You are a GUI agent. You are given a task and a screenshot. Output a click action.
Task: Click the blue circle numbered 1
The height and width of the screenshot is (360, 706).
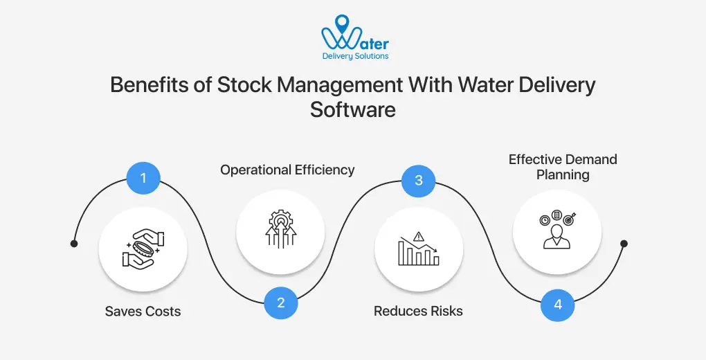[x=143, y=179]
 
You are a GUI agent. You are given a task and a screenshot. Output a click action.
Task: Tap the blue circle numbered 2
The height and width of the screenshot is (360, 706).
[x=281, y=302]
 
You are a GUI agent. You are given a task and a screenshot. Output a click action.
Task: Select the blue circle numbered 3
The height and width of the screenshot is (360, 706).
[x=419, y=181]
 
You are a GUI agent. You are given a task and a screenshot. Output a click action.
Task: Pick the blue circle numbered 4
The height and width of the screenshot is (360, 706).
[x=557, y=304]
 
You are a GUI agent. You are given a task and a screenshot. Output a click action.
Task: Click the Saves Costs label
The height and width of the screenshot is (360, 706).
[x=143, y=312]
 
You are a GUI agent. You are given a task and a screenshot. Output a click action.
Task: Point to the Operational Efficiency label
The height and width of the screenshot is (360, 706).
[x=287, y=170]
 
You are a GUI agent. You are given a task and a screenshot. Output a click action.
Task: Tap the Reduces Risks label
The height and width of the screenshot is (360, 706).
[x=418, y=312]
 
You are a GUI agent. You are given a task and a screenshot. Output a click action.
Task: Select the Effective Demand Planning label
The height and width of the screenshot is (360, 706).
[x=563, y=167]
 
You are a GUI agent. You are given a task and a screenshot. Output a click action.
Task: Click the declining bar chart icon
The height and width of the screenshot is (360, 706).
[x=418, y=250]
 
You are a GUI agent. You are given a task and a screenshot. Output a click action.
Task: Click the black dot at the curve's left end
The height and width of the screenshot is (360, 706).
[x=74, y=244]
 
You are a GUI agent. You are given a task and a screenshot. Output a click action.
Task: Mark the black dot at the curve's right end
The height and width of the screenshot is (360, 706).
[x=624, y=244]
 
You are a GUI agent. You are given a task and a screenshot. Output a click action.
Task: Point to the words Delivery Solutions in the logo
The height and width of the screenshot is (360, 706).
[x=356, y=56]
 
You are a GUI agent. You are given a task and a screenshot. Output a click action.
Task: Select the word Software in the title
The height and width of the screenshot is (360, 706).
[x=353, y=109]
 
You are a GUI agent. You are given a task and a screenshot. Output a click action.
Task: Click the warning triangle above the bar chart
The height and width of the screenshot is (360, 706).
[x=418, y=236]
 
